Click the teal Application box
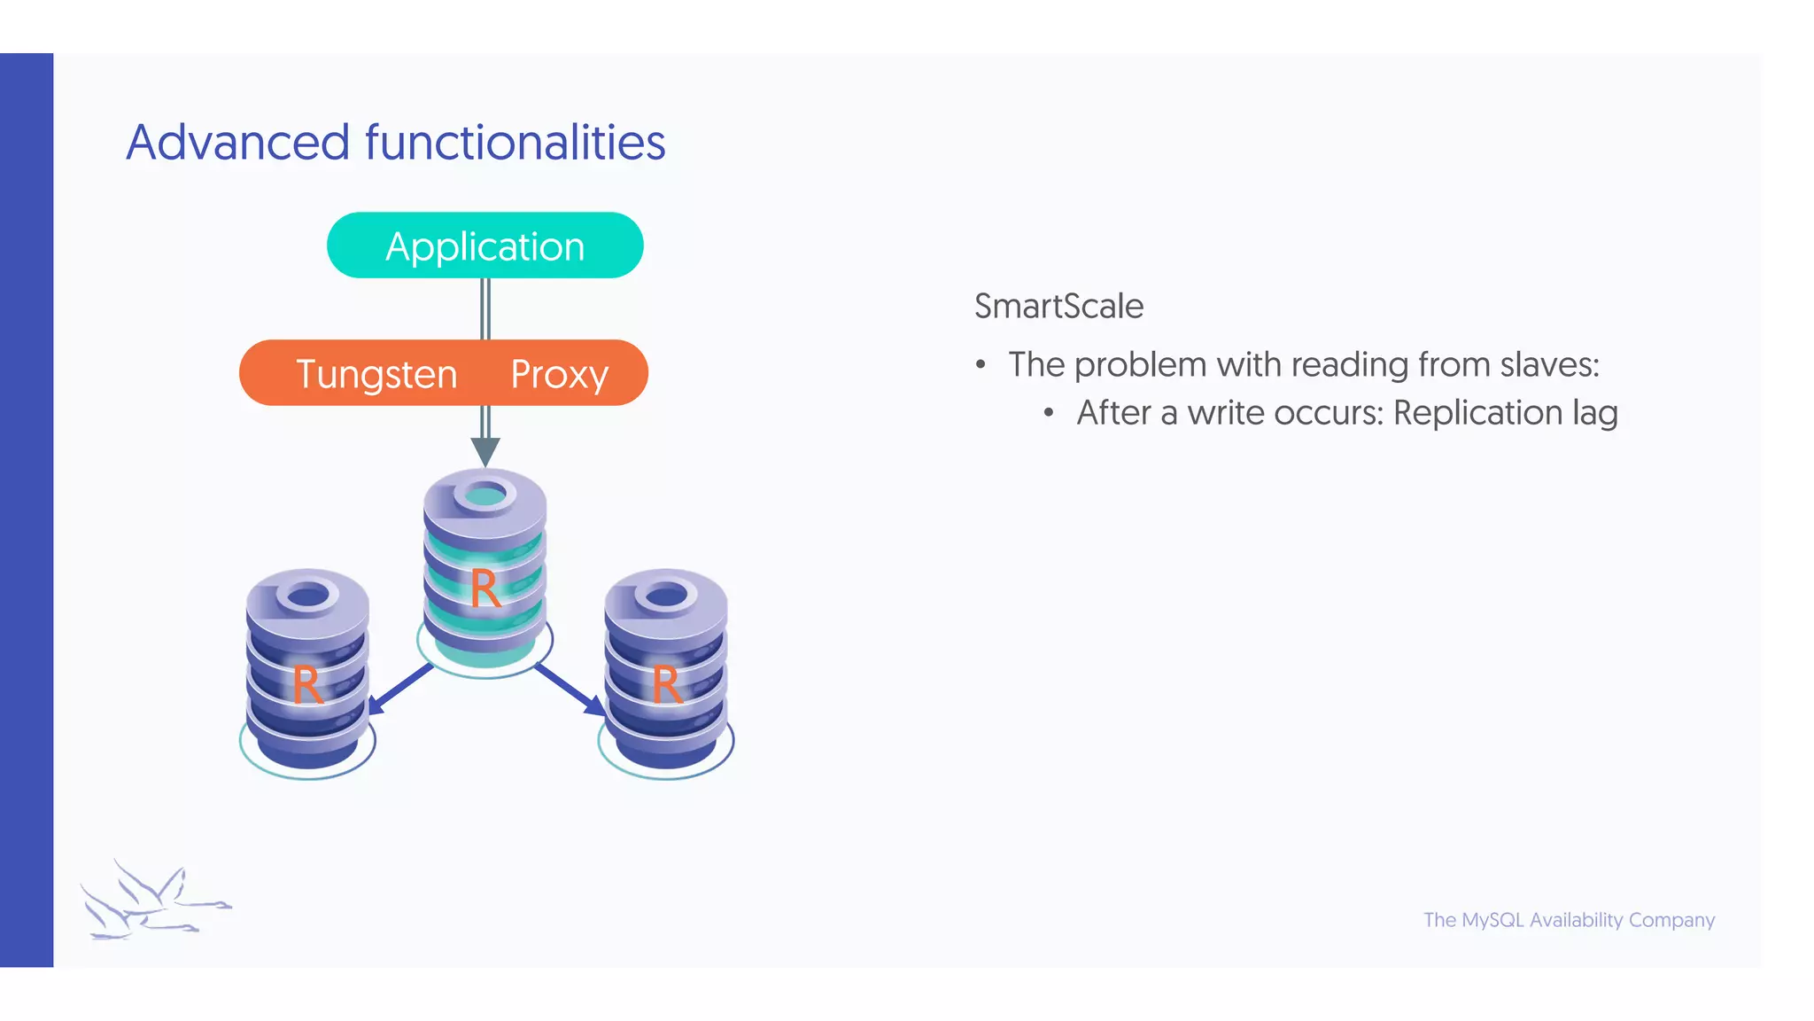485,246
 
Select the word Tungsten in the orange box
376,374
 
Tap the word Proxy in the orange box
559,374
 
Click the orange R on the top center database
485,589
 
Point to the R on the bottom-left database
306,685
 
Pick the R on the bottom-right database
666,685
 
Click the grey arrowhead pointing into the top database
485,451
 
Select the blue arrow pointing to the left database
399,689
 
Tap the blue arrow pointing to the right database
571,690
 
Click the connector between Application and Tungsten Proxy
485,308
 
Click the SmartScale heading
1058,307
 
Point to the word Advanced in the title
238,143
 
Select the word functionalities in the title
515,143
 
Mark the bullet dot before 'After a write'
1049,414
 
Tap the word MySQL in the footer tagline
1492,920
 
